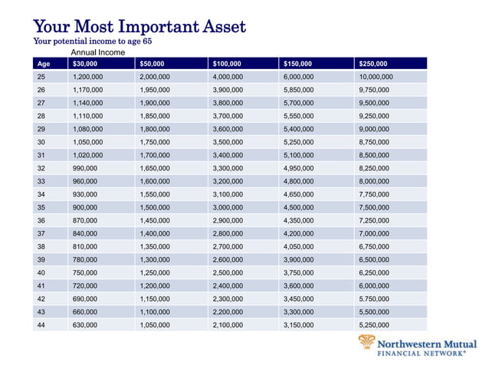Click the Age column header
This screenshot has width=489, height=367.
click(44, 64)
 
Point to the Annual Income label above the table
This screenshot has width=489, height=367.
click(98, 52)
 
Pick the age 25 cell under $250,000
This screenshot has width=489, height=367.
click(376, 77)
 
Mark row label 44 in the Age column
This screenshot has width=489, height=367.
click(41, 326)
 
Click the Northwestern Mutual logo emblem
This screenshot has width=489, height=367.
click(367, 344)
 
